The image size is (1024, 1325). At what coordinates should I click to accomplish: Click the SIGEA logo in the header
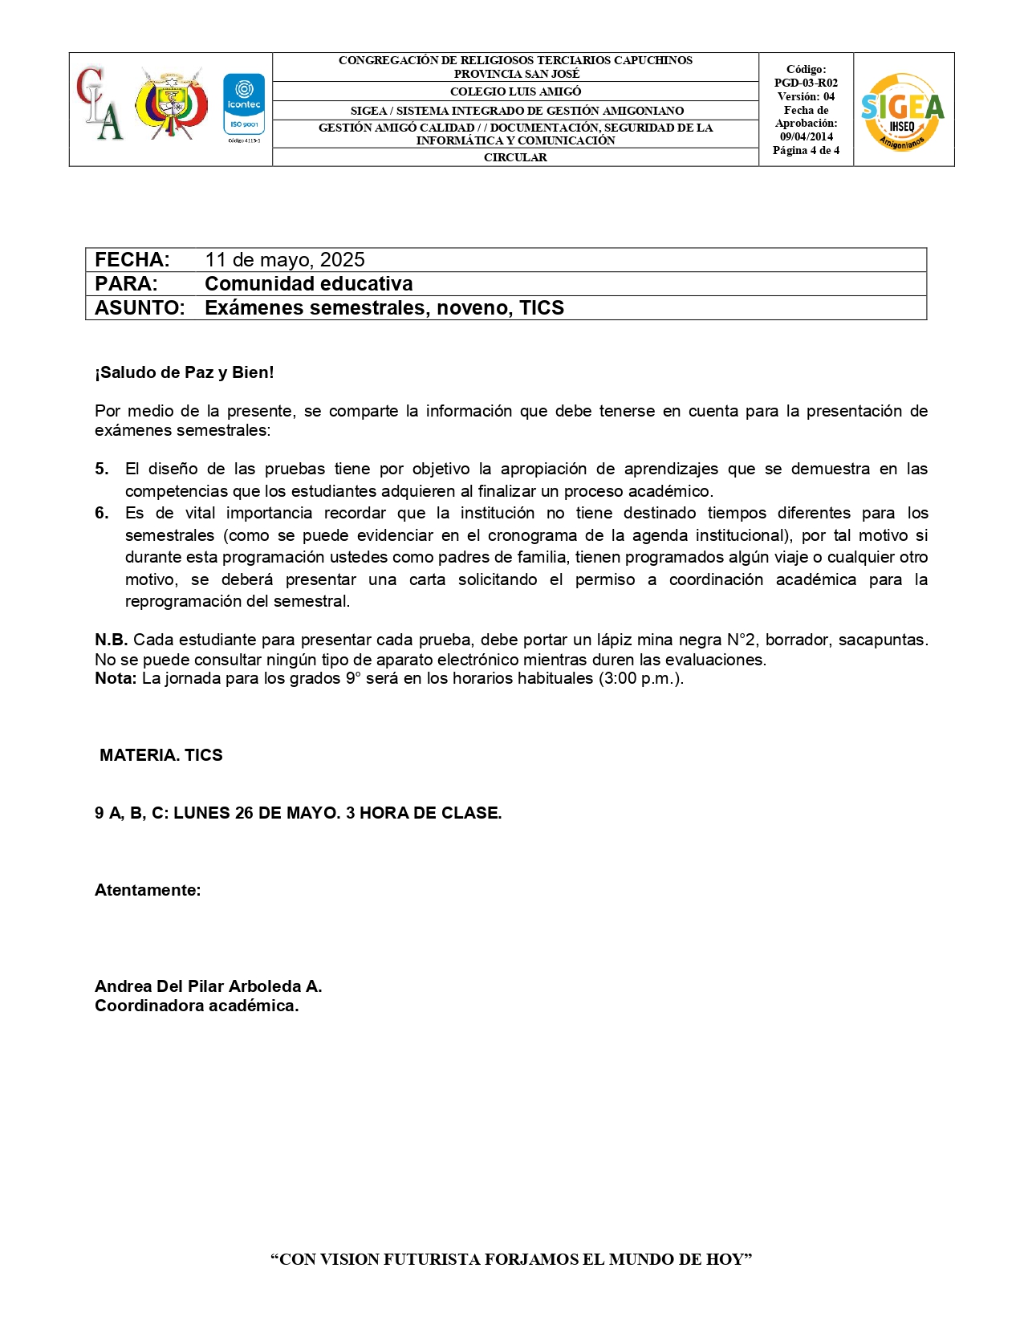[902, 111]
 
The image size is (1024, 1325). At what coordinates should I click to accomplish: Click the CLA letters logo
[100, 104]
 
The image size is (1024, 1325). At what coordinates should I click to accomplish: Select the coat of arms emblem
[171, 104]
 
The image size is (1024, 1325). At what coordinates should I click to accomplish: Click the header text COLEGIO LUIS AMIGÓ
[515, 91]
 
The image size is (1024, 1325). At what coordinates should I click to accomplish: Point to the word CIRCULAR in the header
[515, 157]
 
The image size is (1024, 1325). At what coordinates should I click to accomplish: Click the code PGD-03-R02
[806, 83]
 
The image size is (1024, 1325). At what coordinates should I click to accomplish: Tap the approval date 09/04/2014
[806, 136]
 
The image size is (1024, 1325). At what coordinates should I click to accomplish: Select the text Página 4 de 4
[806, 150]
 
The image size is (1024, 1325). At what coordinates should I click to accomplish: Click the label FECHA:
[132, 260]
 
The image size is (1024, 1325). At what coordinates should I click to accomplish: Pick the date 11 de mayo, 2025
[284, 260]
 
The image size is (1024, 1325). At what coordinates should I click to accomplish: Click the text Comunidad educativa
[309, 284]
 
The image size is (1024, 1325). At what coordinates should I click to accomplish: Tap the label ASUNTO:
[140, 308]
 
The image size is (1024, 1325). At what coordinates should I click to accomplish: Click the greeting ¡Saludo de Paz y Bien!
[185, 372]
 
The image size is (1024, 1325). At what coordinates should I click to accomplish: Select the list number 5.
[101, 469]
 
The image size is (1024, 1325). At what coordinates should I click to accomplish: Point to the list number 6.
[101, 513]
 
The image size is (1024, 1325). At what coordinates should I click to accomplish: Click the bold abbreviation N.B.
[111, 640]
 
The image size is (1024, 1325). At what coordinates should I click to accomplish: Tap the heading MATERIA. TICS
[161, 755]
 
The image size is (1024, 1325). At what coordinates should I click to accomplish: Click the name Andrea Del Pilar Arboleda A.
[208, 986]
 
